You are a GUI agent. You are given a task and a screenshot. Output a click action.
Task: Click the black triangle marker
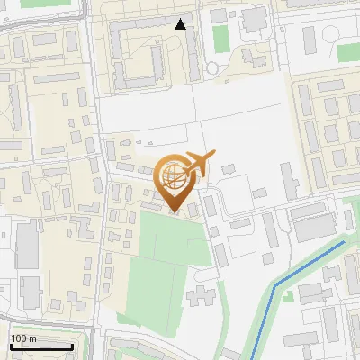tap(181, 24)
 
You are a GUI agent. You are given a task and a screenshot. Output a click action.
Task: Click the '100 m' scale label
tap(24, 337)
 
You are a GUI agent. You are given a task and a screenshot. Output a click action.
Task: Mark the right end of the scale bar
tap(73, 346)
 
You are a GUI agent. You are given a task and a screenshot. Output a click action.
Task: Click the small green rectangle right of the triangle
tap(220, 37)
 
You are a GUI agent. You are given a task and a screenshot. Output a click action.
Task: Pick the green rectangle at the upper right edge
tap(347, 51)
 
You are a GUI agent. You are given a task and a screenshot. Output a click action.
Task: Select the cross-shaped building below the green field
tap(202, 294)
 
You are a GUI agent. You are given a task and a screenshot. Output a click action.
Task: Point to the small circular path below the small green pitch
tap(212, 67)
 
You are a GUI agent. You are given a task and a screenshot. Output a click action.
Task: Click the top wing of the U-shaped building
tap(144, 24)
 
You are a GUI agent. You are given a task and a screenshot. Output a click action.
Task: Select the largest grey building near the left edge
tap(27, 243)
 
